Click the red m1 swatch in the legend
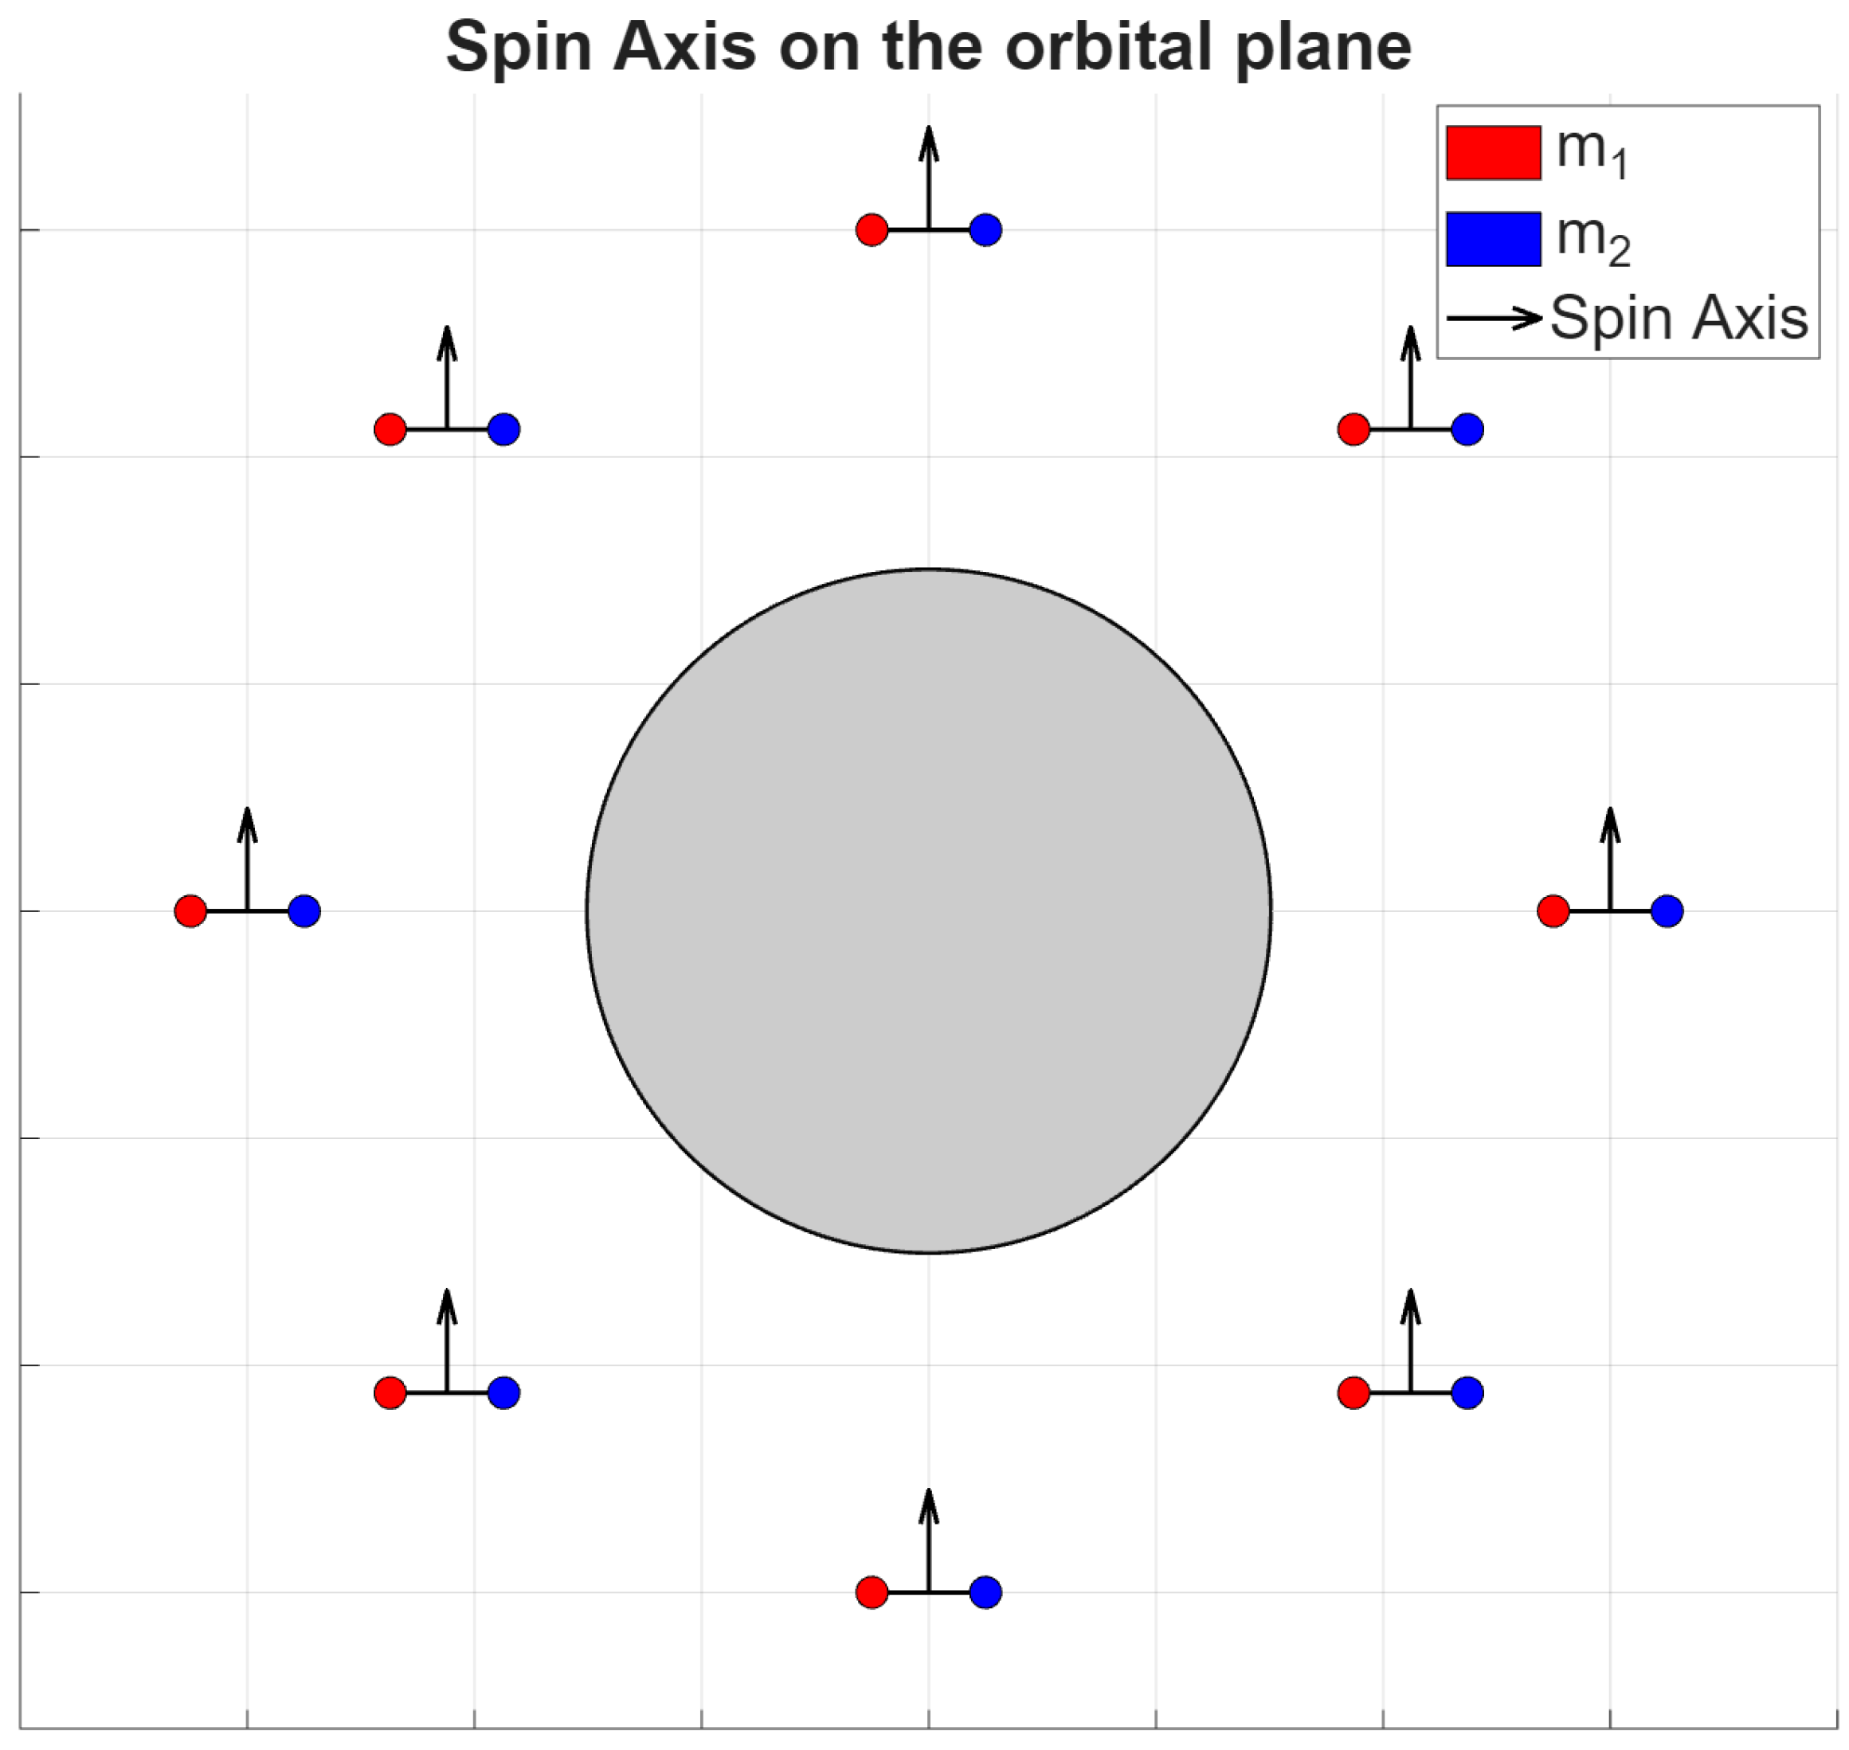(x=1493, y=152)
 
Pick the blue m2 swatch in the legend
(x=1493, y=239)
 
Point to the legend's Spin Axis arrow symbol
(x=1494, y=318)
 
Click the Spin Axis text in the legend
(x=1679, y=318)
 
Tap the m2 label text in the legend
(x=1592, y=240)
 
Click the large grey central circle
(x=928, y=910)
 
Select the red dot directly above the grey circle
(x=872, y=229)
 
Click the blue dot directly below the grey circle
(x=985, y=1592)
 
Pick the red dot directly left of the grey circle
(x=190, y=910)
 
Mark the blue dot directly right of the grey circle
(x=1667, y=910)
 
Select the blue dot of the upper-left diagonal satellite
(x=503, y=429)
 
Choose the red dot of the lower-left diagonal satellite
(x=390, y=1392)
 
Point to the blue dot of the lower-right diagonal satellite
(x=1467, y=1392)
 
